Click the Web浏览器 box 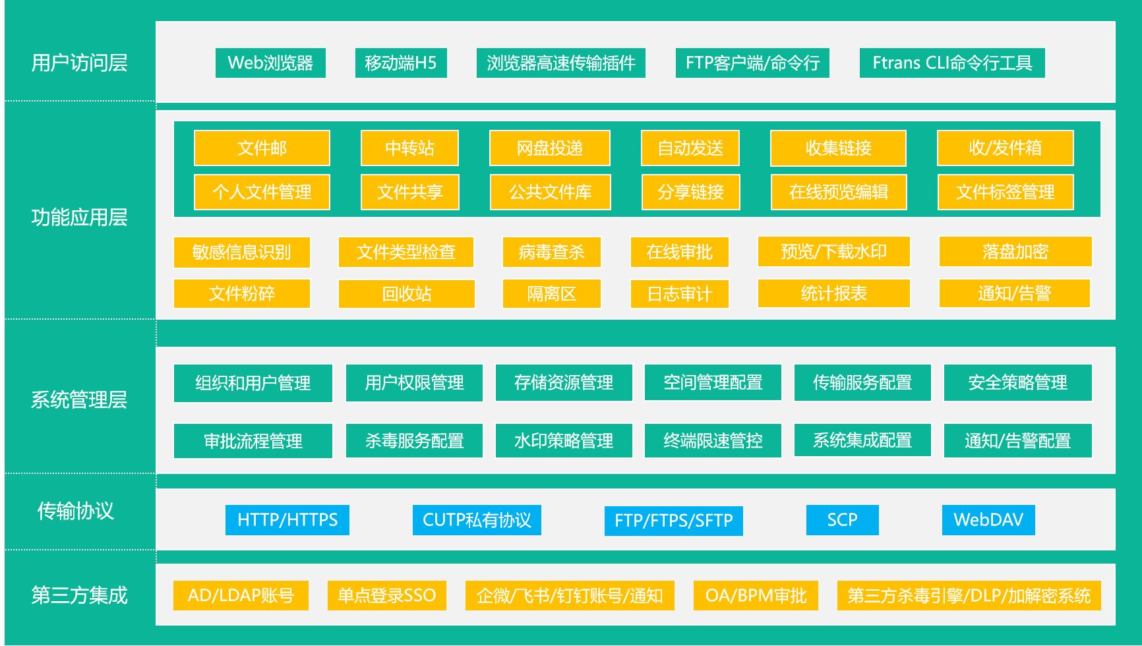click(x=270, y=63)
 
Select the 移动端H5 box click(x=401, y=63)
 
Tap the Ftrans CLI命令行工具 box click(x=952, y=63)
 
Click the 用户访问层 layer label click(x=79, y=63)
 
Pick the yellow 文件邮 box click(x=262, y=148)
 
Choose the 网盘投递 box click(x=550, y=148)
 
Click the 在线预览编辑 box click(x=839, y=192)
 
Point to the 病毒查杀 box click(x=551, y=252)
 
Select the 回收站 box click(x=406, y=294)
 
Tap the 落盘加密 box click(x=1015, y=252)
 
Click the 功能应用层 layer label click(x=79, y=218)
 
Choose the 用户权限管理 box click(x=414, y=383)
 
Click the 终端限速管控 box click(x=713, y=441)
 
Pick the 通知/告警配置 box click(x=1017, y=441)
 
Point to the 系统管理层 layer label click(x=79, y=399)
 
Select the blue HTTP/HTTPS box click(x=287, y=520)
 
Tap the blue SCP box click(x=842, y=520)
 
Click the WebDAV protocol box click(x=988, y=520)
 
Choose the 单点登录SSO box click(x=386, y=596)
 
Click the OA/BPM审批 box click(x=756, y=596)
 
